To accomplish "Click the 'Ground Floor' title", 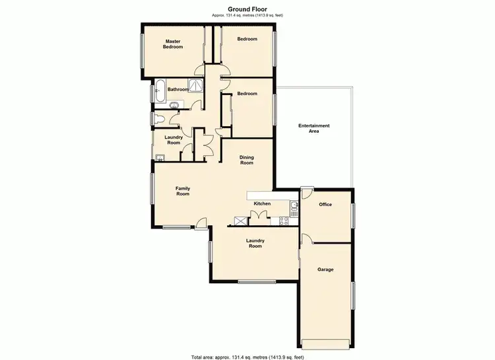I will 247,9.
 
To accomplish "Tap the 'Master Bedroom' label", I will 173,44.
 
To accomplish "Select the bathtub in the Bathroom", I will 159,90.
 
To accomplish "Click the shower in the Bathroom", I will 196,85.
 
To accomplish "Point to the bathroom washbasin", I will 176,105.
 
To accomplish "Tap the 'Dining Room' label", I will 247,160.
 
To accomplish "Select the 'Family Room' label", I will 183,191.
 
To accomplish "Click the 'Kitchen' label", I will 262,203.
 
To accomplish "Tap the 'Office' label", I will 325,205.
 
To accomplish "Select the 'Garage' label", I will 325,270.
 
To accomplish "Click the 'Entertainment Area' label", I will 314,128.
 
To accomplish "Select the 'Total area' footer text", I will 247,357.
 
